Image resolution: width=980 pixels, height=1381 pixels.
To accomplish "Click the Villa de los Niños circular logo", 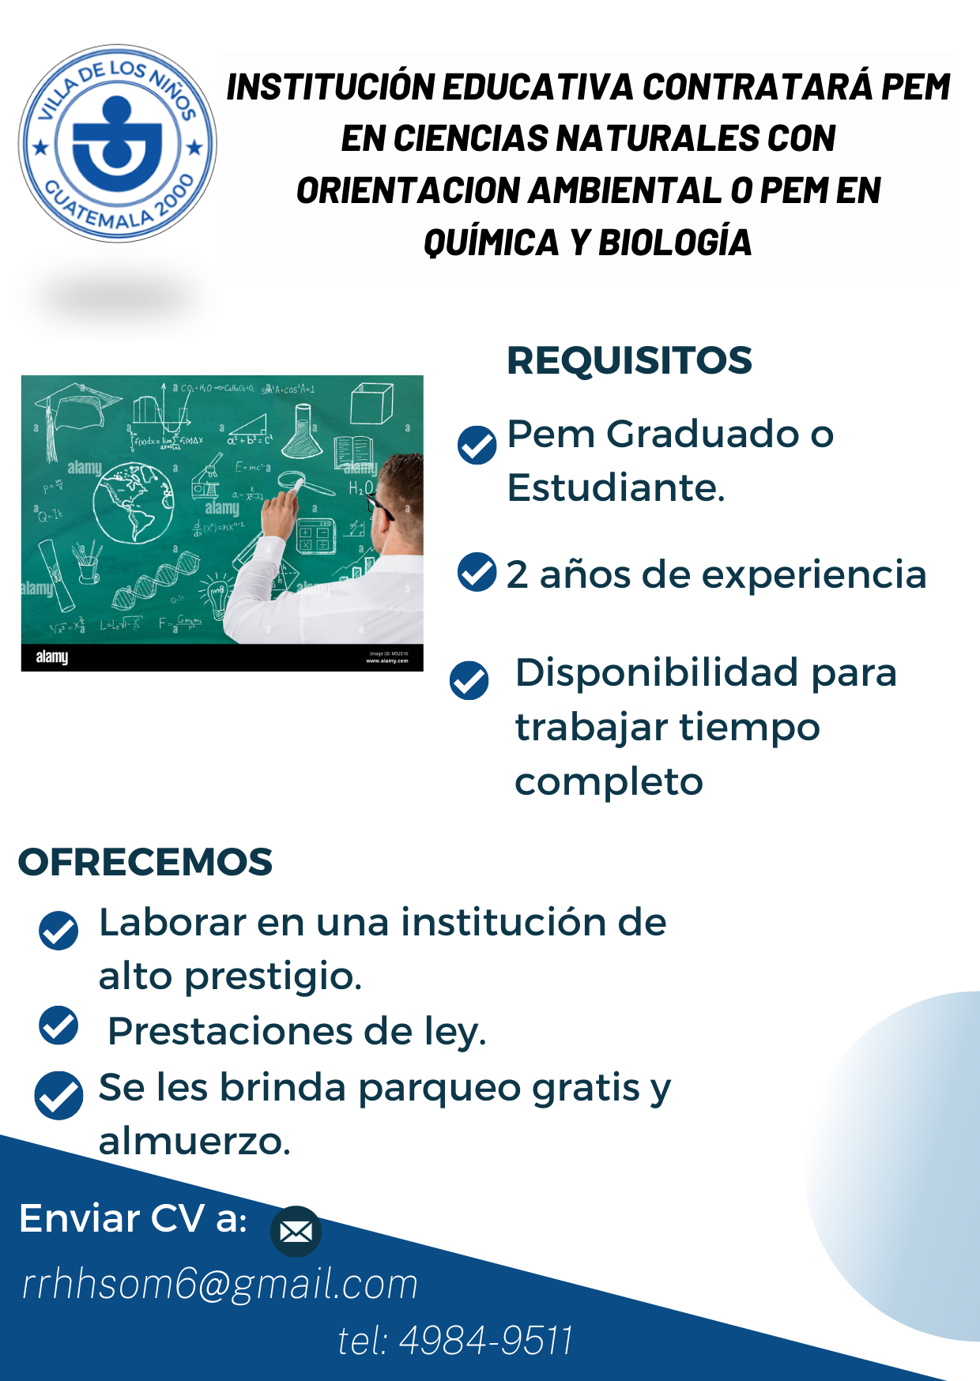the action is point(118,143).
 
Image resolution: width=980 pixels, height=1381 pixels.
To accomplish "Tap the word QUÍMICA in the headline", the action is point(491,243).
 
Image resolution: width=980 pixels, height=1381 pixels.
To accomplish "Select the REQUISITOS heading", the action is point(629,360).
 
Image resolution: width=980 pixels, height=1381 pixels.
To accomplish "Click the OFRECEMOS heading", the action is point(145,862).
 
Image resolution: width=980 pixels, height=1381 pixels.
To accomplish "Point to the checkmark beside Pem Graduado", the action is point(477,444).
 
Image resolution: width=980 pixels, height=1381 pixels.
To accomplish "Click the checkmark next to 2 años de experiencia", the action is point(477,572).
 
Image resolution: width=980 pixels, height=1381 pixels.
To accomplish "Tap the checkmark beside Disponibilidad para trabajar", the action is point(469,680).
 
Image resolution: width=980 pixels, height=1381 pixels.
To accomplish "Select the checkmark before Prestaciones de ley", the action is point(58,1025).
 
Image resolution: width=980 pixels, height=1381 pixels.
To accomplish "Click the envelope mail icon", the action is point(296,1231).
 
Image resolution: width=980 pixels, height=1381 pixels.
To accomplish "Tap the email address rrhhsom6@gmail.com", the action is point(220,1284).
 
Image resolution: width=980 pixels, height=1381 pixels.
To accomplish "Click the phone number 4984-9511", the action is point(486,1340).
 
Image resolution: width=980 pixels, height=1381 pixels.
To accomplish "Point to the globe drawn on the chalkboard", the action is point(133,503).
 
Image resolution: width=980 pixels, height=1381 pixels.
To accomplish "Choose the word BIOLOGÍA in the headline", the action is point(675,243).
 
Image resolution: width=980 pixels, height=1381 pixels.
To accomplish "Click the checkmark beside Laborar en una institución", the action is point(58,930).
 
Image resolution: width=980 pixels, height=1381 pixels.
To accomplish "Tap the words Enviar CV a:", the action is point(134,1218).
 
